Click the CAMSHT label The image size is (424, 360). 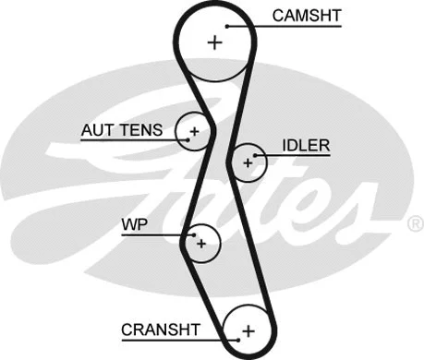[306, 16]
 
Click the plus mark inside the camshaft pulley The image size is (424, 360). [215, 42]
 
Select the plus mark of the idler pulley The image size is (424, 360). [247, 163]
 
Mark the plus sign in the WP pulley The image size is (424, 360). [200, 244]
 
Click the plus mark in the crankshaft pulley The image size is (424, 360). [247, 330]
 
